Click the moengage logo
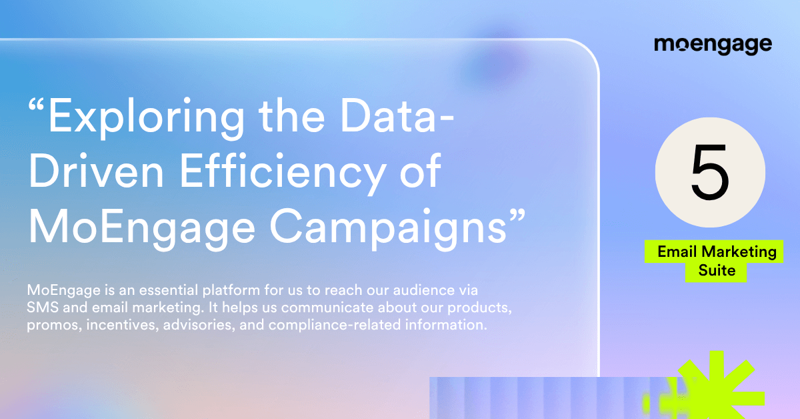[x=713, y=45]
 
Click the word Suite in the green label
[x=717, y=271]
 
